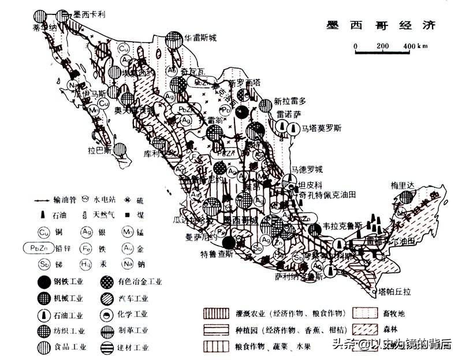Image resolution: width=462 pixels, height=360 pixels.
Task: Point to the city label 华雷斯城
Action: (x=200, y=39)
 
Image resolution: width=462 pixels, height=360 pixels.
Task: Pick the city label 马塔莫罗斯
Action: (x=322, y=128)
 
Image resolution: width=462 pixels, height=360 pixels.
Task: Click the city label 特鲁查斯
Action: (x=216, y=254)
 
